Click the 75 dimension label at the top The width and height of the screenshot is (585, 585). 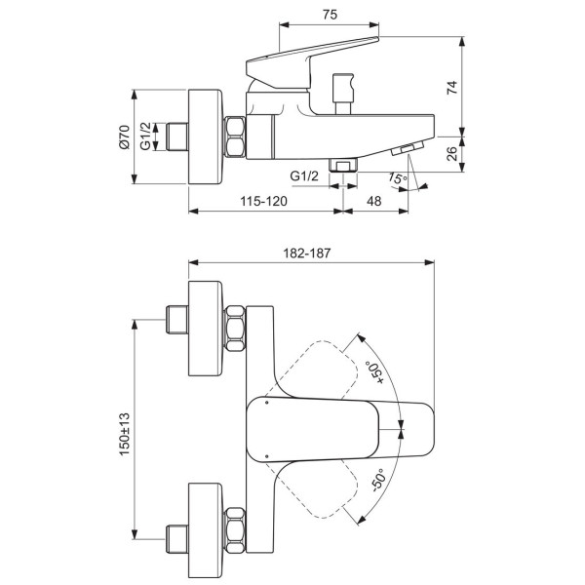coord(330,15)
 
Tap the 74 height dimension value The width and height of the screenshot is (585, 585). coord(451,88)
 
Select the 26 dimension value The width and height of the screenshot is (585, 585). coord(451,153)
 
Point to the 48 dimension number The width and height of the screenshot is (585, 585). coord(373,201)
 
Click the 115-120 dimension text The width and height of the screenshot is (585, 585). coord(264,201)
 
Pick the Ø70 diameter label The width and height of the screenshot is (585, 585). coord(125,136)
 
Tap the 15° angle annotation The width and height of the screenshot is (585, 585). coord(398,178)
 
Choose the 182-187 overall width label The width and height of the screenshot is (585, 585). coord(307,253)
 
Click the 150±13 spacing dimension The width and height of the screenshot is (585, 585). coord(125,434)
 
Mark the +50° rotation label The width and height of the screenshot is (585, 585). coord(375,372)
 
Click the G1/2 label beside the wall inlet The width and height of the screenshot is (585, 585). coord(145,136)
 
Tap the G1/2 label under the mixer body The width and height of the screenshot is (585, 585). coord(304,175)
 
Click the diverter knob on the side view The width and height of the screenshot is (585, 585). coord(343,94)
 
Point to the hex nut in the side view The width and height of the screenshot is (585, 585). coord(235,136)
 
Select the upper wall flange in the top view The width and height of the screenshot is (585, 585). coord(206,329)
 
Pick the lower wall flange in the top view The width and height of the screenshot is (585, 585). coord(206,531)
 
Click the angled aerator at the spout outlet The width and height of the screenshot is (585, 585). coord(408,148)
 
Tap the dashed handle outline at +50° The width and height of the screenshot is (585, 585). coord(312,369)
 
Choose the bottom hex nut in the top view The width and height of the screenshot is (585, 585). coord(235,530)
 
